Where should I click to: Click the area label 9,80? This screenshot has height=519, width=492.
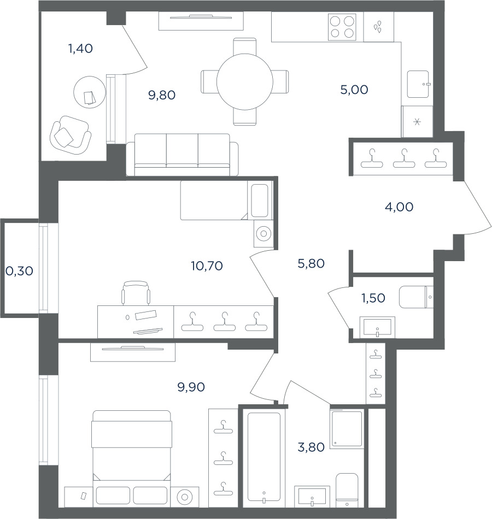[x=162, y=95]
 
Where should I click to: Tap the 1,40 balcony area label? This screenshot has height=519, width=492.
[x=80, y=49]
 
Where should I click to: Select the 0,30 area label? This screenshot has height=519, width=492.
[x=20, y=271]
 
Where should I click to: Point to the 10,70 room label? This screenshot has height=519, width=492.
[x=207, y=266]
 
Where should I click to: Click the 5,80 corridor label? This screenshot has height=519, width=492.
[x=311, y=263]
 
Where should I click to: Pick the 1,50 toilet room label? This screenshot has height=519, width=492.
[x=373, y=298]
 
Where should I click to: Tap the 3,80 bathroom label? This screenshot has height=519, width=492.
[x=311, y=447]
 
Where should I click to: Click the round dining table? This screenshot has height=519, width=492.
[x=245, y=81]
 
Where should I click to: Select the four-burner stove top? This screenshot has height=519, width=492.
[x=342, y=27]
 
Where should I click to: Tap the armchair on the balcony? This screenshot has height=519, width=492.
[x=70, y=135]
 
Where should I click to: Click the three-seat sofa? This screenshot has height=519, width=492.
[x=182, y=155]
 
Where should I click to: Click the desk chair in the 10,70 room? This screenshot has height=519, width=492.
[x=136, y=293]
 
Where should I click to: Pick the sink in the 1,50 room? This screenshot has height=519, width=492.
[x=377, y=327]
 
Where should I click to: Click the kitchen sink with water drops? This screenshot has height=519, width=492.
[x=378, y=27]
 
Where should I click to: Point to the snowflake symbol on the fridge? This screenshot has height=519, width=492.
[x=417, y=122]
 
